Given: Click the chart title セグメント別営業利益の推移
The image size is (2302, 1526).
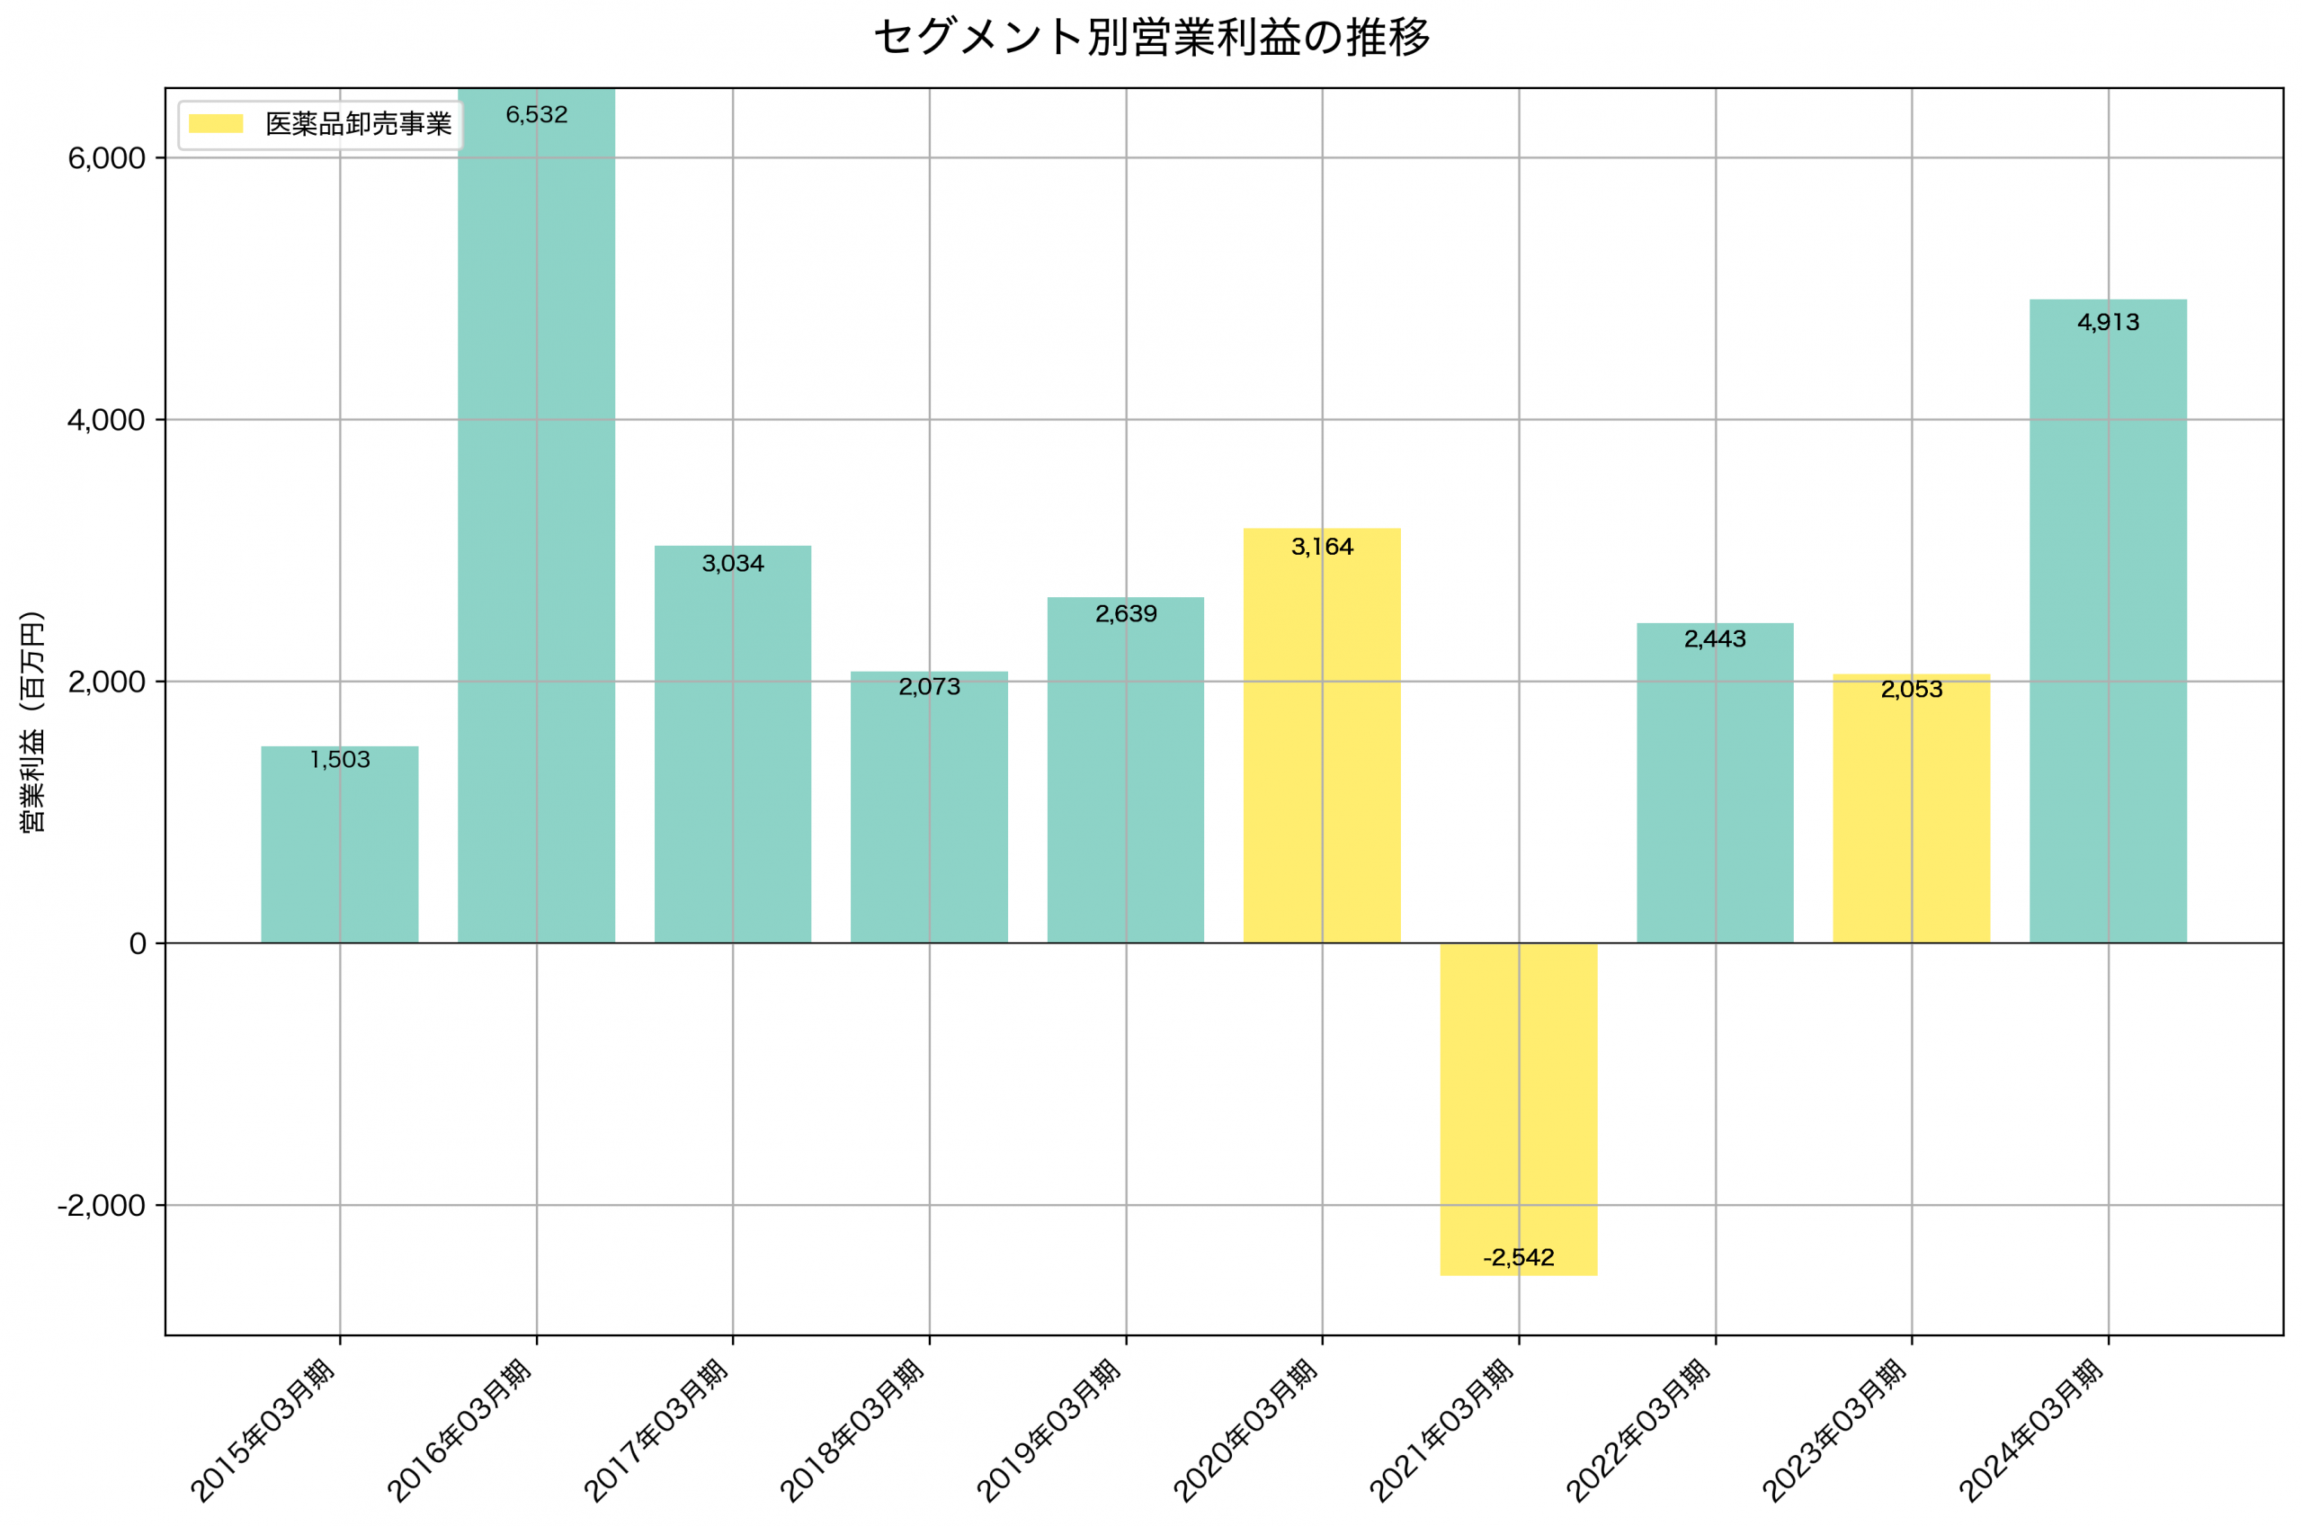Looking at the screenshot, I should (x=1151, y=38).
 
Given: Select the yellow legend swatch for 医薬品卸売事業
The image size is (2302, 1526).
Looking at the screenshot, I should (x=215, y=123).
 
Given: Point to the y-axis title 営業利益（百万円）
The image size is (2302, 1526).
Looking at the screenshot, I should (x=32, y=721).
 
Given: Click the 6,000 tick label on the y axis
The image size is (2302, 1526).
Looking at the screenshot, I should (x=106, y=158).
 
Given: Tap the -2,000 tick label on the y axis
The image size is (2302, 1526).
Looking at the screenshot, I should (x=102, y=1206).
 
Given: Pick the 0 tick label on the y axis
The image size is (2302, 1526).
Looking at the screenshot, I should (x=138, y=944).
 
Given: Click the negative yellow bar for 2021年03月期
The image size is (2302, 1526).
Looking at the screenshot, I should (x=1518, y=1109).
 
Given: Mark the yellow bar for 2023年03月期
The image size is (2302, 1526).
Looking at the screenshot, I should (x=1911, y=808).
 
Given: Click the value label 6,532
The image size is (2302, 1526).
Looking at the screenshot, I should (x=536, y=115).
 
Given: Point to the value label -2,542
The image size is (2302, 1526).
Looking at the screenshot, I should (x=1518, y=1257).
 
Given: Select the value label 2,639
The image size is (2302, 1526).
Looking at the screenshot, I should (x=1126, y=614).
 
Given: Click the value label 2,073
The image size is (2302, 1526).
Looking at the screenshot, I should (x=929, y=687).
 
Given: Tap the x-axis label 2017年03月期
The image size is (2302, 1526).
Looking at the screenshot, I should (x=656, y=1432).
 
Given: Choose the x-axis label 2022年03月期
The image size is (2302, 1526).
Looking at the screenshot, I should (x=1638, y=1432).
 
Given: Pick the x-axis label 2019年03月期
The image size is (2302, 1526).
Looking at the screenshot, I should (x=1048, y=1432).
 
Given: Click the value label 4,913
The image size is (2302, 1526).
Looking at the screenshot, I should (x=2108, y=322).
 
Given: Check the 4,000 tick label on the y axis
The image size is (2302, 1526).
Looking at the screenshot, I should (x=106, y=421).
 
